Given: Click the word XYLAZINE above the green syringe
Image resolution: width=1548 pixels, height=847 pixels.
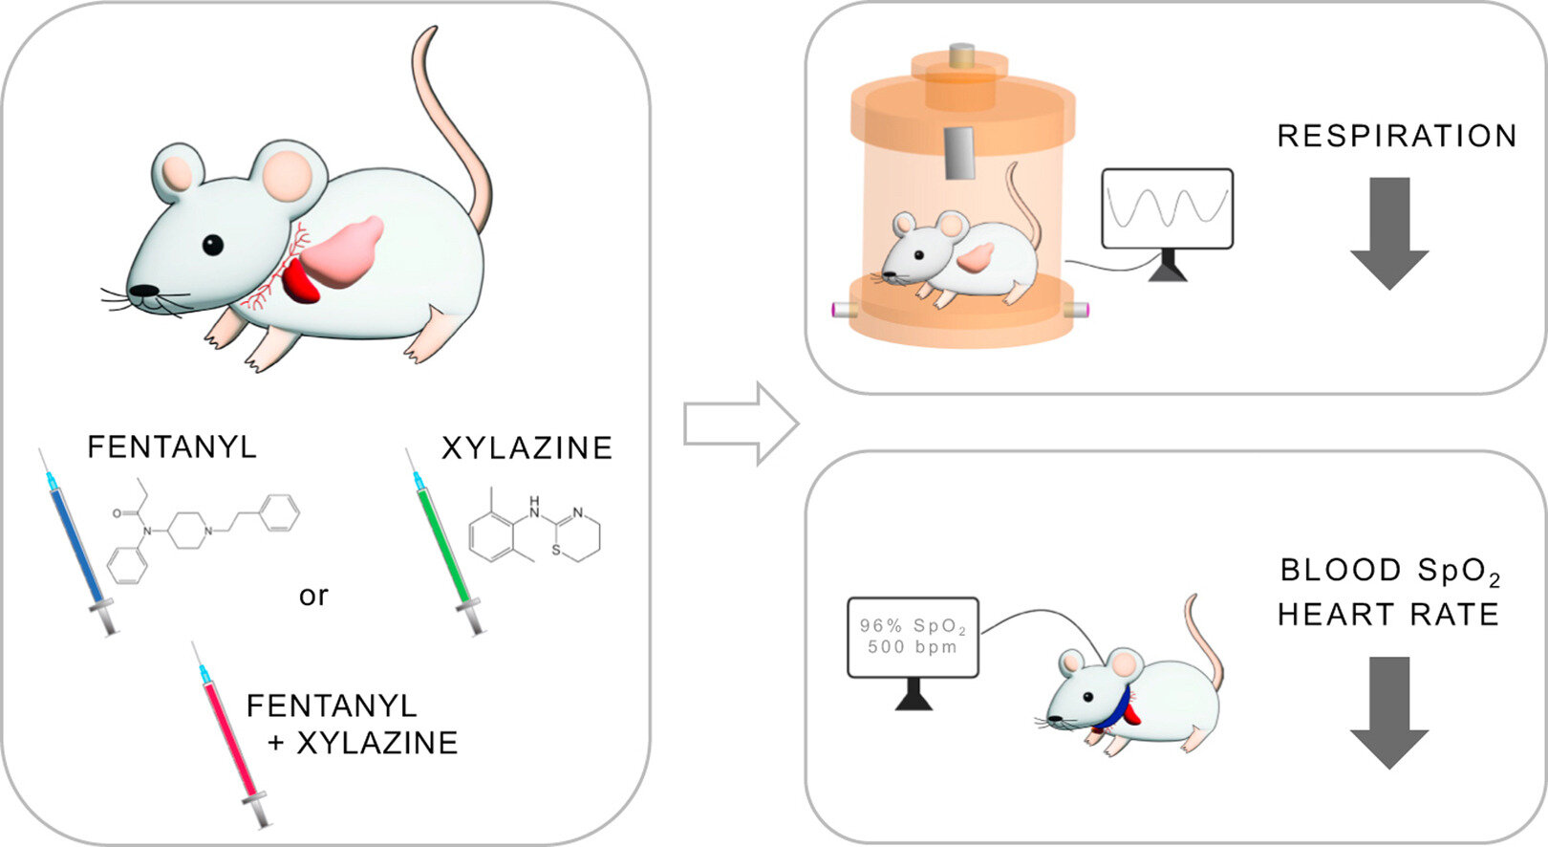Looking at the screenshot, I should tap(527, 448).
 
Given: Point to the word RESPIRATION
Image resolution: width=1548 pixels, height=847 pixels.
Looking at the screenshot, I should tap(1396, 136).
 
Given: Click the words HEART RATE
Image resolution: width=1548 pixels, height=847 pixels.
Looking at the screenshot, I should tap(1388, 614).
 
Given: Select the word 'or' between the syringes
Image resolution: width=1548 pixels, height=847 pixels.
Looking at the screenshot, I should tap(313, 596).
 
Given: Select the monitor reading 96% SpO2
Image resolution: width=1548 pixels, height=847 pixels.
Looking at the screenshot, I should tap(913, 638).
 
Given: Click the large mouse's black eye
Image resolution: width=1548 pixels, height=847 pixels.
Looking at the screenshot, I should tap(212, 245).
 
